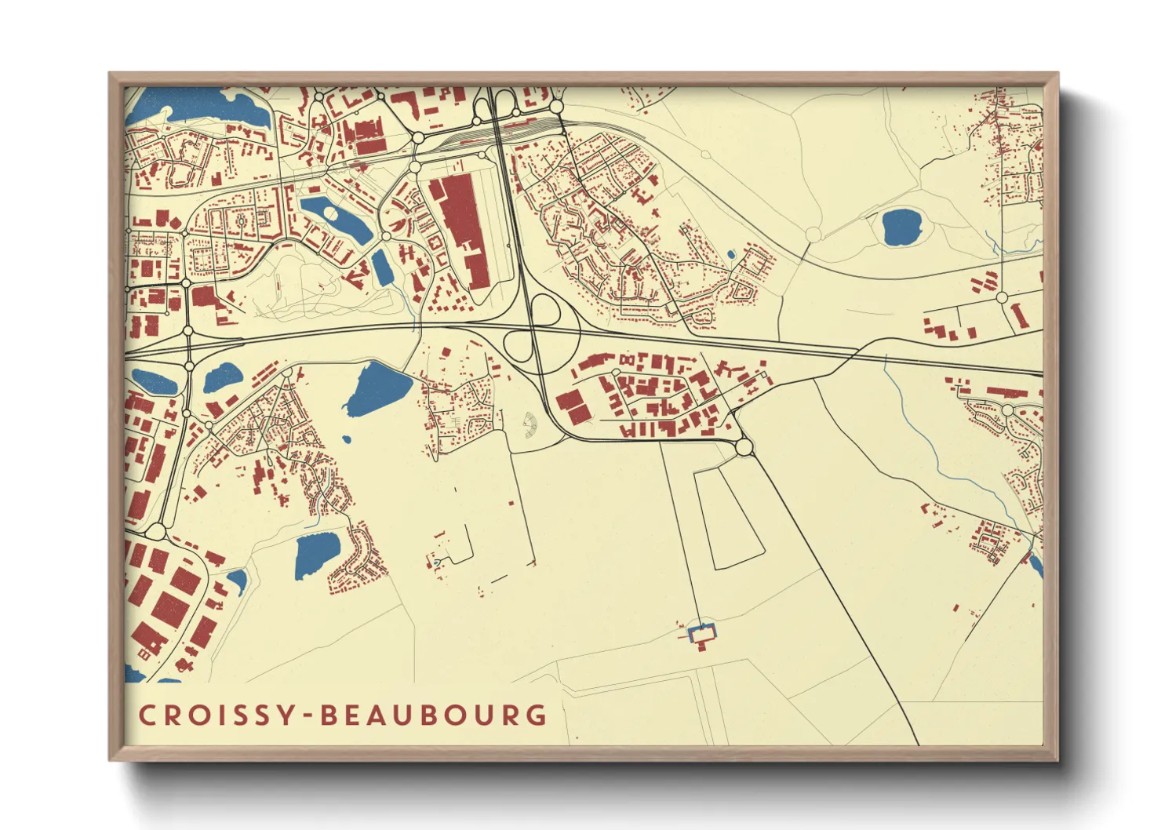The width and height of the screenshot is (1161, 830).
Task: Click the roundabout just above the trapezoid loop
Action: click(744, 448)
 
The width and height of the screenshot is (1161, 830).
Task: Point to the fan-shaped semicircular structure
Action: click(530, 425)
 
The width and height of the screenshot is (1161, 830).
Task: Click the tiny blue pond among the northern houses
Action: click(731, 254)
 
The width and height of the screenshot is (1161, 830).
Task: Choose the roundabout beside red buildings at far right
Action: click(1001, 297)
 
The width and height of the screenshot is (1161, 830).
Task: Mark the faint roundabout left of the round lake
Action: click(813, 235)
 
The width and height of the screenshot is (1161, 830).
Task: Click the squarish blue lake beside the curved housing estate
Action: click(317, 554)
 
